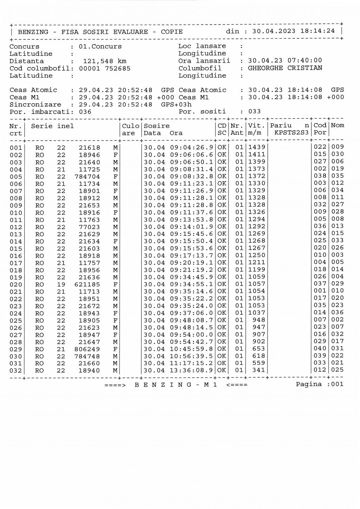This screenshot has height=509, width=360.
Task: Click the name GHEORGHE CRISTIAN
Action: (285, 68)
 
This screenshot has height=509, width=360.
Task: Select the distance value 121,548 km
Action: (104, 61)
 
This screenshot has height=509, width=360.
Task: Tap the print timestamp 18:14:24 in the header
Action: (317, 31)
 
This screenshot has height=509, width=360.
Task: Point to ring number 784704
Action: (87, 176)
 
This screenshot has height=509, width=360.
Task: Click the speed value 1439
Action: (257, 147)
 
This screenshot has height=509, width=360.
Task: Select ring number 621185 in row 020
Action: (87, 284)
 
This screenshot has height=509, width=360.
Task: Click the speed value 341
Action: (259, 370)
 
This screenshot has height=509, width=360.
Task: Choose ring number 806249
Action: (87, 349)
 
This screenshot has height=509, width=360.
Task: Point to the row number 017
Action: (16, 263)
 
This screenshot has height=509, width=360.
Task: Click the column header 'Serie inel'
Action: (52, 126)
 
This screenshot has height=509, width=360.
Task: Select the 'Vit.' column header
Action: (256, 125)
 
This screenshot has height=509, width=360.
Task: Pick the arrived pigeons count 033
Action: (255, 111)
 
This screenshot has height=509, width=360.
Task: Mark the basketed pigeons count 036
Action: (85, 112)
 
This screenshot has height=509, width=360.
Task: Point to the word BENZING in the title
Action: (33, 32)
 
